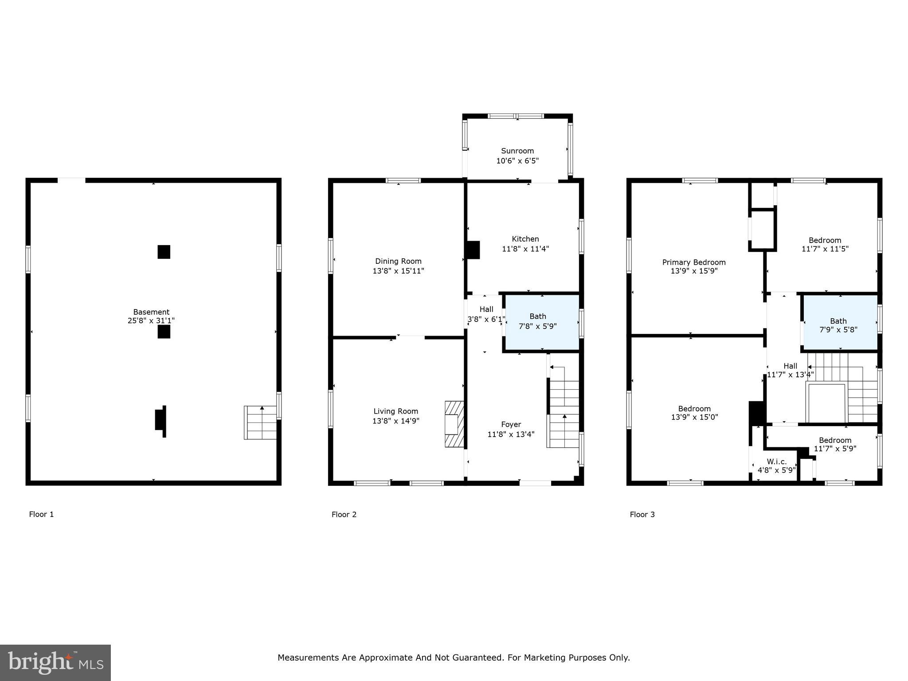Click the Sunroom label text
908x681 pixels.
click(517, 151)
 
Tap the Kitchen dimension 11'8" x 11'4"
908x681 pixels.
click(525, 249)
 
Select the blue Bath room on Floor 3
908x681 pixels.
click(840, 323)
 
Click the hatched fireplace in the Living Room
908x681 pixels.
click(454, 424)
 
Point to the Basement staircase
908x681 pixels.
click(261, 423)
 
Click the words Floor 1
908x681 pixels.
click(41, 514)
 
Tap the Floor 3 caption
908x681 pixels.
click(642, 514)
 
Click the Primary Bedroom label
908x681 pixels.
click(694, 262)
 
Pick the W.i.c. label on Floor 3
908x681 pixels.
click(777, 462)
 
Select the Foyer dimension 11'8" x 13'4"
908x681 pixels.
click(511, 434)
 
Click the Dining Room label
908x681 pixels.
click(398, 261)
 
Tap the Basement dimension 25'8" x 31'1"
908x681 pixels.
click(151, 321)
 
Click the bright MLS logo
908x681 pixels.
click(55, 663)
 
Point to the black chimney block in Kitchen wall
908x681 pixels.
click(473, 250)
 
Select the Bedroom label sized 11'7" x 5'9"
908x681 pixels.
click(835, 440)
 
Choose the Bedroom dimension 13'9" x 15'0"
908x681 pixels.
click(694, 417)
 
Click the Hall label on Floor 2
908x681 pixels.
click(486, 309)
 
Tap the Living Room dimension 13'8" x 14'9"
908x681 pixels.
click(396, 421)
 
